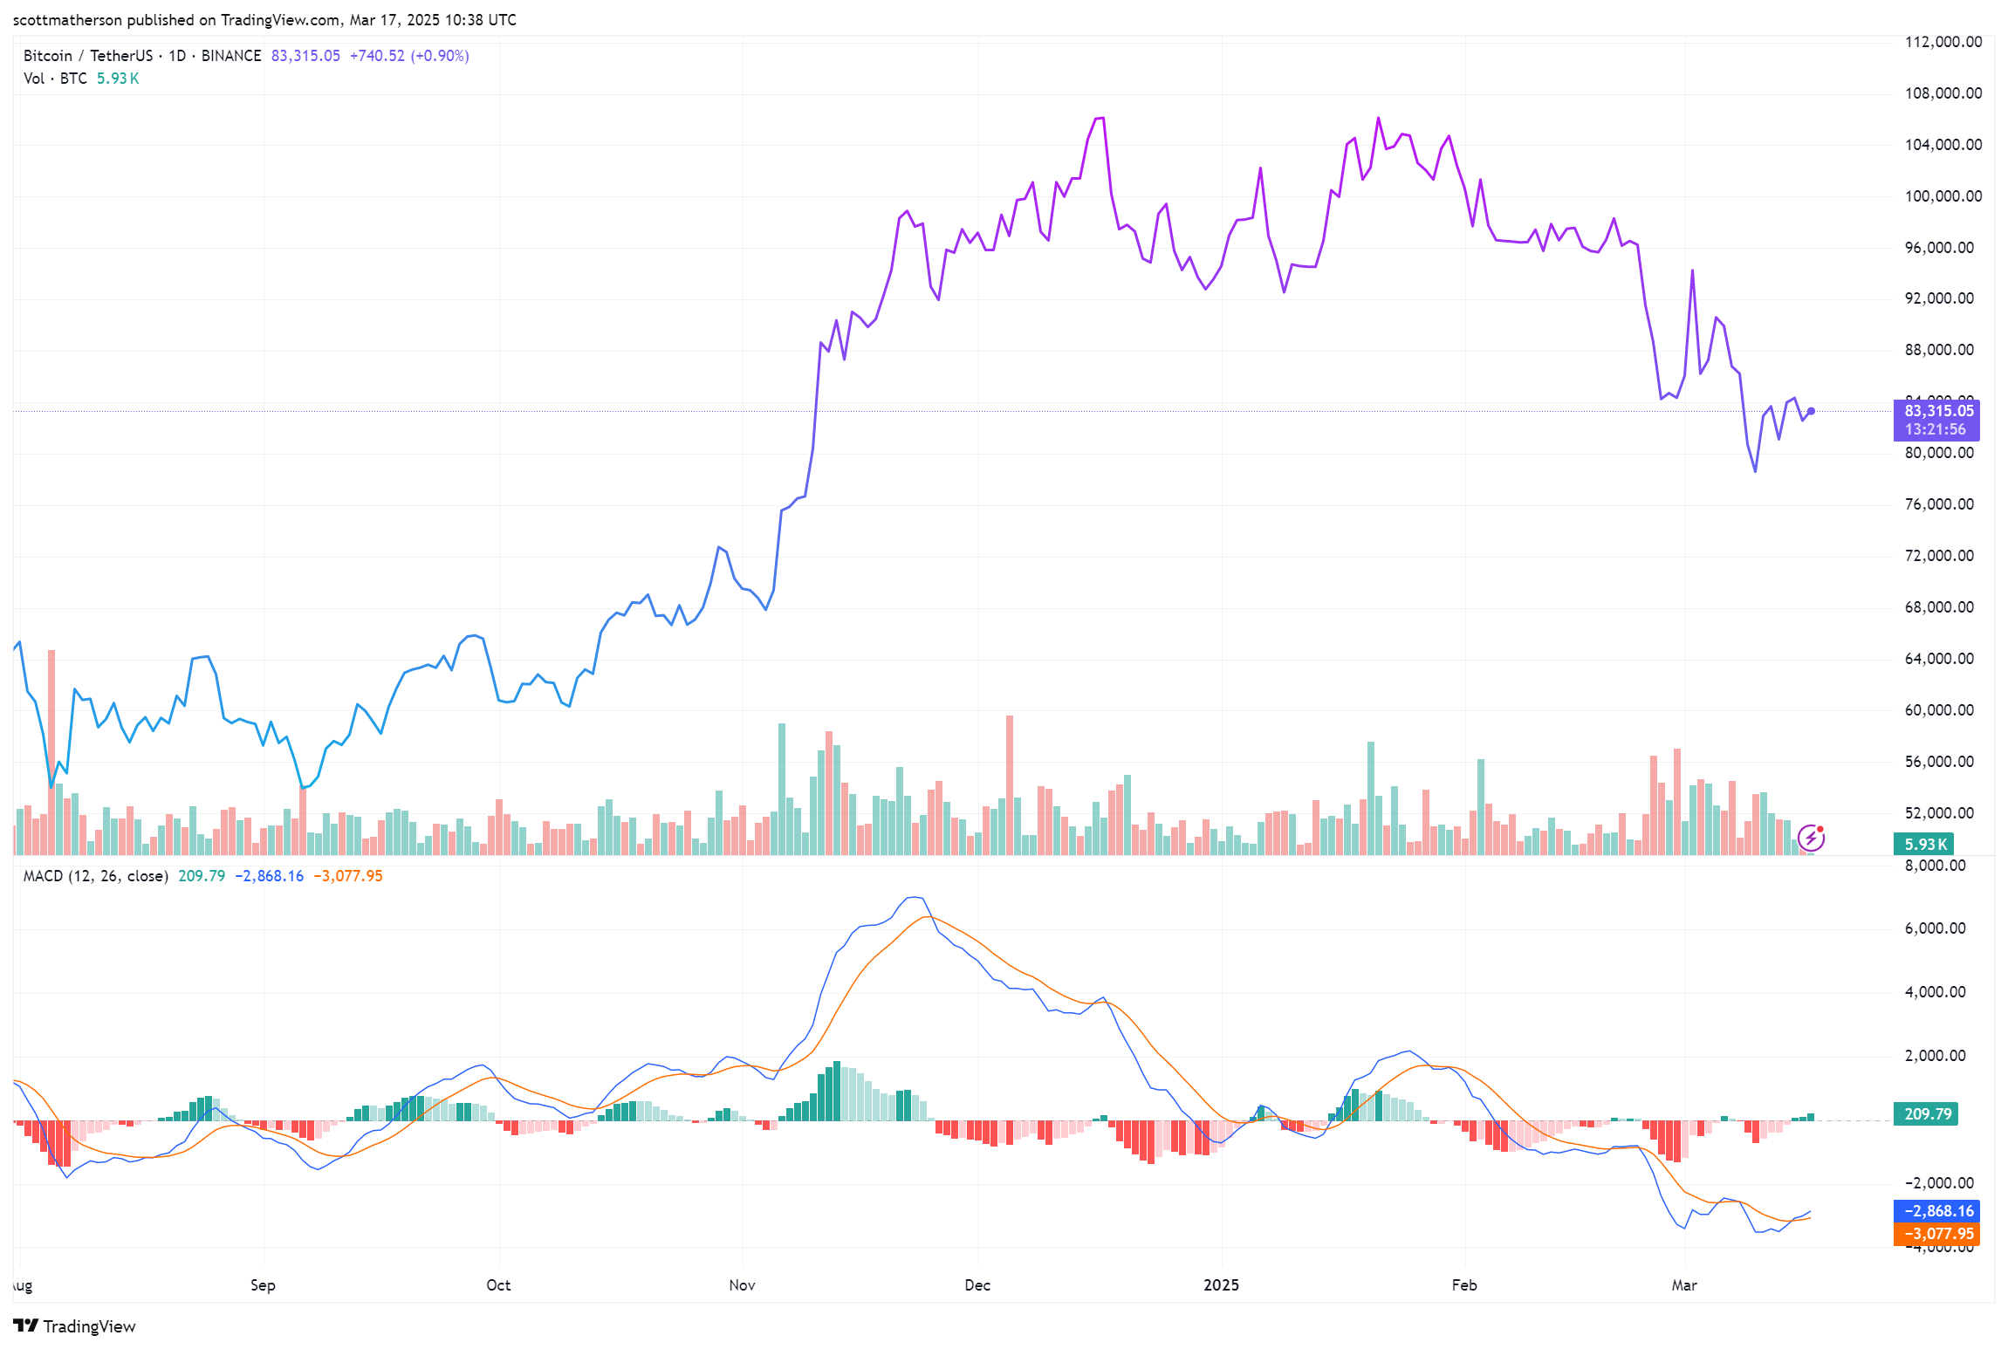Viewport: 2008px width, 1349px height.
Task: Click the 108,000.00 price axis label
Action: tap(1943, 93)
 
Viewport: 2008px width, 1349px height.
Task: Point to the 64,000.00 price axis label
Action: tap(1938, 659)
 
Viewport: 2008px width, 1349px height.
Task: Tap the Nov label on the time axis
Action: tap(742, 1284)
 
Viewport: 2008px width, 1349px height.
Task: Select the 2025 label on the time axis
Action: tap(1221, 1284)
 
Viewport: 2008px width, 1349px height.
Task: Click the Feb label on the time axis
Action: tap(1464, 1284)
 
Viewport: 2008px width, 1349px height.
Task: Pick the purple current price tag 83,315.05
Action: tap(1936, 411)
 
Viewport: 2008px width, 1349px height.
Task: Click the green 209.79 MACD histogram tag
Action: tap(1926, 1114)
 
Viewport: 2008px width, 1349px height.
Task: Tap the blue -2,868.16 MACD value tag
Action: tap(1936, 1211)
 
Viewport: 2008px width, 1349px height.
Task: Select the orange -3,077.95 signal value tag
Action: tap(1936, 1234)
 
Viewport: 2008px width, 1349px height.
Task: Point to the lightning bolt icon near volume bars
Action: tap(1811, 839)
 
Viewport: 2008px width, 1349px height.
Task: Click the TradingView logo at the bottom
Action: tap(75, 1326)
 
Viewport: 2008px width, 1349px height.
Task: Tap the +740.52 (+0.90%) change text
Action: tap(409, 56)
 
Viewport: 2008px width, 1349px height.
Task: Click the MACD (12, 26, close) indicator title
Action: tap(96, 876)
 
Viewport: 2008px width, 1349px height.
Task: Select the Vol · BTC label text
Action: tap(55, 79)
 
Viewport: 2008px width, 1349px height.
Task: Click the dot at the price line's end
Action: tap(1812, 411)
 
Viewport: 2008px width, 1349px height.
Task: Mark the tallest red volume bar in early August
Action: tap(51, 750)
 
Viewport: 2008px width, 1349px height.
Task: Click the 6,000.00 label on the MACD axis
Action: tap(1935, 928)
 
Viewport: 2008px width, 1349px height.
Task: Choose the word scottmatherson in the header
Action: tap(67, 20)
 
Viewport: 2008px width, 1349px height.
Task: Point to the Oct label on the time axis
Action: tap(498, 1284)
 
